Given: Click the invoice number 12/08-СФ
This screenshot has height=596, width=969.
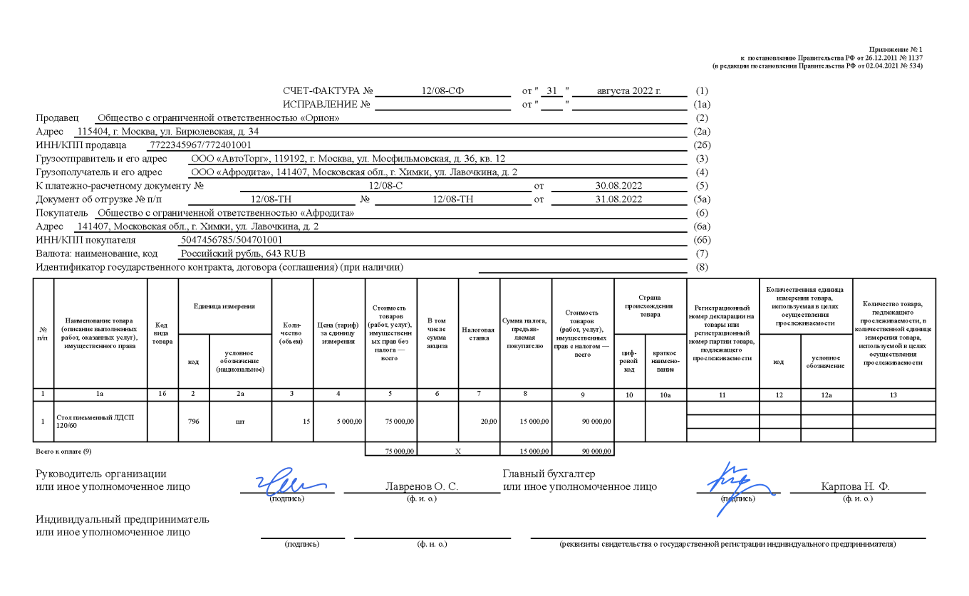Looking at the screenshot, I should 442,91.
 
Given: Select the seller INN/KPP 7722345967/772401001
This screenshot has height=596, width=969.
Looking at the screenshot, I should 200,145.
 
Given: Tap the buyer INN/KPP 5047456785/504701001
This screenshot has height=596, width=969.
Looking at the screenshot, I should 232,240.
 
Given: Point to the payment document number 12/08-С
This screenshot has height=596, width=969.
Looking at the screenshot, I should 388,186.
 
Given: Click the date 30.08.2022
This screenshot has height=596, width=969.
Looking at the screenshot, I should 619,186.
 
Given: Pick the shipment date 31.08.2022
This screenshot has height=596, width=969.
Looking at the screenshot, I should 619,199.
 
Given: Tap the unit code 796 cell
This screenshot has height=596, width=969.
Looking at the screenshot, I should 193,422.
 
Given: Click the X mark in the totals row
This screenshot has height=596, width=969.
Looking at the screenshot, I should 458,451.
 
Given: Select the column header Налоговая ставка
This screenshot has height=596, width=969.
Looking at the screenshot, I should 479,334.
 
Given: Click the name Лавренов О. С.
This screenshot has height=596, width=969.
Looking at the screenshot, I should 421,487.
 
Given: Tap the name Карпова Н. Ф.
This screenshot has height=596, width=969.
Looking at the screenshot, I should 855,487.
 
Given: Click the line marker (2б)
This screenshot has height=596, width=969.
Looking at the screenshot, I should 702,145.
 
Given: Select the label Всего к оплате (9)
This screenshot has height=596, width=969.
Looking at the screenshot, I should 63,451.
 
